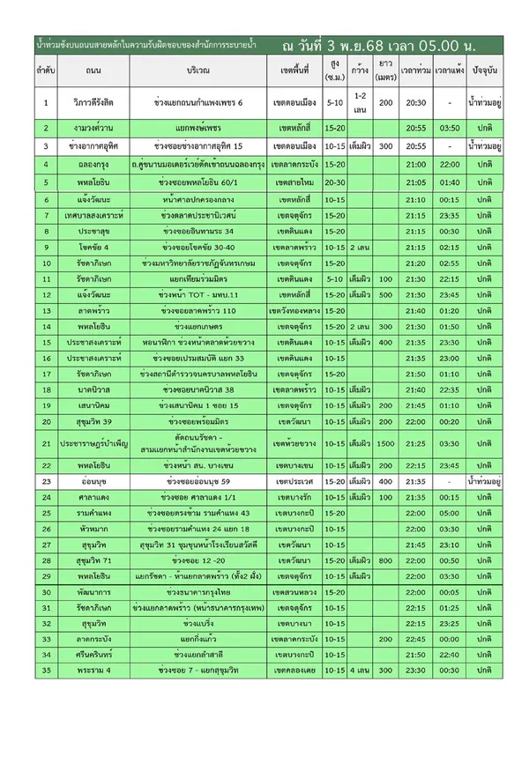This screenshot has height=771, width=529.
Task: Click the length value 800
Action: point(385,560)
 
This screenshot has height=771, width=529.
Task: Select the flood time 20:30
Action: point(410,103)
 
